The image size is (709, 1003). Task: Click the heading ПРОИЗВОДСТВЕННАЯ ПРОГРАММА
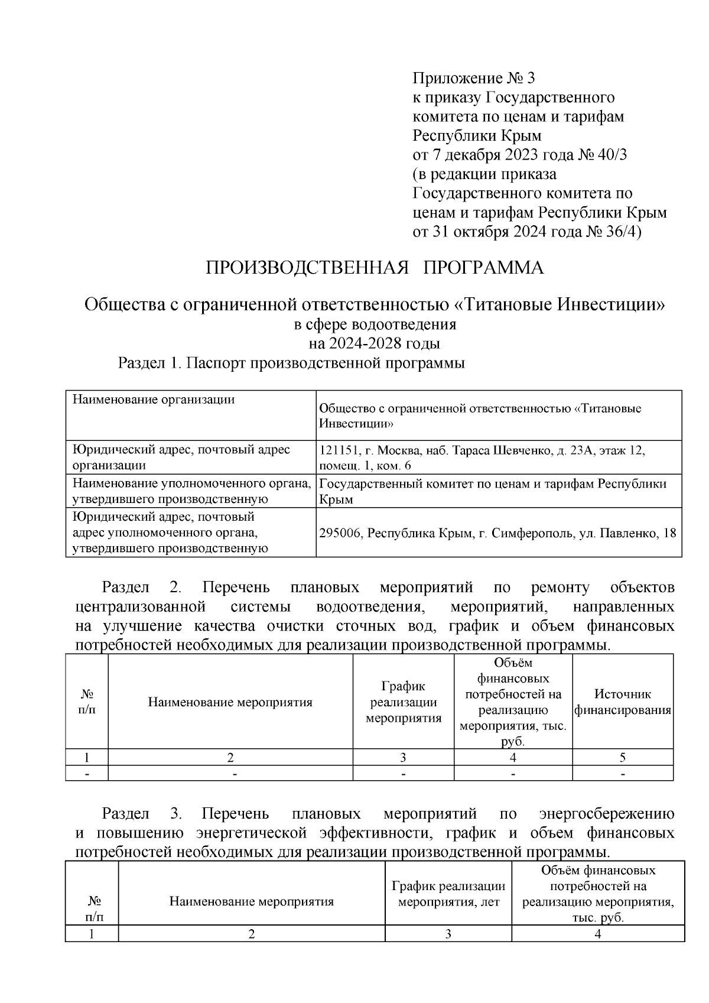[374, 268]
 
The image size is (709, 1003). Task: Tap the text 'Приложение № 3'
[473, 78]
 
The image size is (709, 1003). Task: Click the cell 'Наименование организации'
[154, 400]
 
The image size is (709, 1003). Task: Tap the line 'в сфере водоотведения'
[375, 324]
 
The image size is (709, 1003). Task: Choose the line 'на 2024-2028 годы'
[374, 343]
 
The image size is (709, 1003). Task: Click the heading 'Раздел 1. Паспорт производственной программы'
[291, 363]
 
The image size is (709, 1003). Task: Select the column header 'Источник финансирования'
[623, 702]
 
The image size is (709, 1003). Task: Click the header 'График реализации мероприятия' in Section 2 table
[403, 702]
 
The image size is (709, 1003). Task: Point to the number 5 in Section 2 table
[623, 758]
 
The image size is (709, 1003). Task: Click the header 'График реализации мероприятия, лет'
[448, 894]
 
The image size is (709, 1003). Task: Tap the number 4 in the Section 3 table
[597, 934]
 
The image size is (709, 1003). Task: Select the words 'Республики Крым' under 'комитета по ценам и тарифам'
[476, 136]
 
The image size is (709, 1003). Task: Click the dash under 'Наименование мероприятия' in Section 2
[234, 773]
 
